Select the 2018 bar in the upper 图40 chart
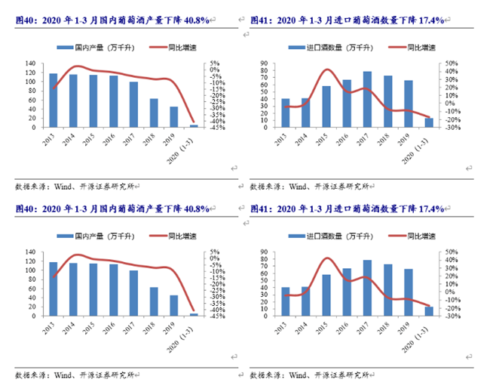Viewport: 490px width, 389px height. (154, 113)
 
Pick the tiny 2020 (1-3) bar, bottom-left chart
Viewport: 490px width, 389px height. (194, 314)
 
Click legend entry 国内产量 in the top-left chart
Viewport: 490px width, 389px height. (90, 48)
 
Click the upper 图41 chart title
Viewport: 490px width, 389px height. (347, 20)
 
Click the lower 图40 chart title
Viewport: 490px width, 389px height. (113, 208)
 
